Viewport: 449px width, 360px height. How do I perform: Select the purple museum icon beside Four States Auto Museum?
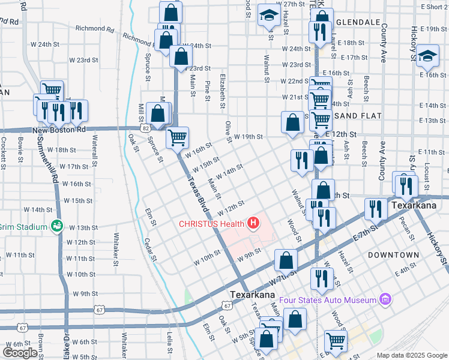tap(385, 299)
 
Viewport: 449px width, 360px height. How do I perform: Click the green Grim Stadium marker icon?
tap(58, 226)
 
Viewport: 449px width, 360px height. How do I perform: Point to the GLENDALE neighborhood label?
tap(359, 22)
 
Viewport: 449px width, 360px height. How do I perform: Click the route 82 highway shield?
tap(146, 128)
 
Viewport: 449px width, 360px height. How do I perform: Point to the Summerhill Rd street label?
tap(50, 160)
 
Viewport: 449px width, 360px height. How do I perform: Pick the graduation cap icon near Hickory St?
tap(427, 56)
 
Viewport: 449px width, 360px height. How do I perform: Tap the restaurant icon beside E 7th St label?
tap(376, 209)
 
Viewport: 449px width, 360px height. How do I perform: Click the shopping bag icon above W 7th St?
tap(286, 260)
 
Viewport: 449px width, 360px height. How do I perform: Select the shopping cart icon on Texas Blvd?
tap(178, 138)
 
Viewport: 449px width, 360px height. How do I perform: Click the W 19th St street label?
tap(249, 136)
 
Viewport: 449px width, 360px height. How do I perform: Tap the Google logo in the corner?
tap(20, 353)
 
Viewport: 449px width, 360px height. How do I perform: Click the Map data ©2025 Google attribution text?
tap(411, 355)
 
